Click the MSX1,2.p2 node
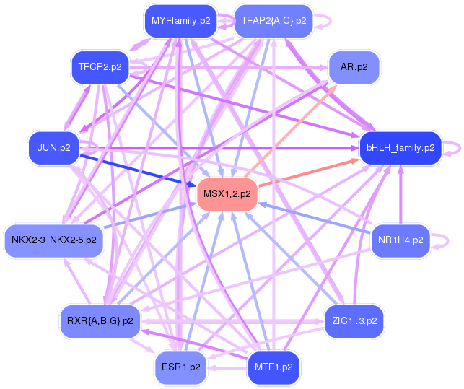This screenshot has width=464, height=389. (x=227, y=193)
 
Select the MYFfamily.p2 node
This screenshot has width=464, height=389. (x=180, y=21)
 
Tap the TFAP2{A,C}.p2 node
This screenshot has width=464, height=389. (x=273, y=21)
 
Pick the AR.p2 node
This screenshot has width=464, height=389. (x=354, y=67)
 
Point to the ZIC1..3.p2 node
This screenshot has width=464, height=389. (x=354, y=321)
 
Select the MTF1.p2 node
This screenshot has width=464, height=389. (x=273, y=367)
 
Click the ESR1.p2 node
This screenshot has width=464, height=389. (x=180, y=367)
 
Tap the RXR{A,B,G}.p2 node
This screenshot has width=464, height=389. (x=100, y=321)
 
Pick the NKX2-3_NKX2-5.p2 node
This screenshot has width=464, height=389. (x=54, y=240)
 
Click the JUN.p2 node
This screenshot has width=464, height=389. (x=53, y=148)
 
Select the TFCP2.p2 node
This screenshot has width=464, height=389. (x=100, y=67)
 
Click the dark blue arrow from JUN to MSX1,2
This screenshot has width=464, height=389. (x=137, y=169)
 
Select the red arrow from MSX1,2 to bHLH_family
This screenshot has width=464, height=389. (x=310, y=172)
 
